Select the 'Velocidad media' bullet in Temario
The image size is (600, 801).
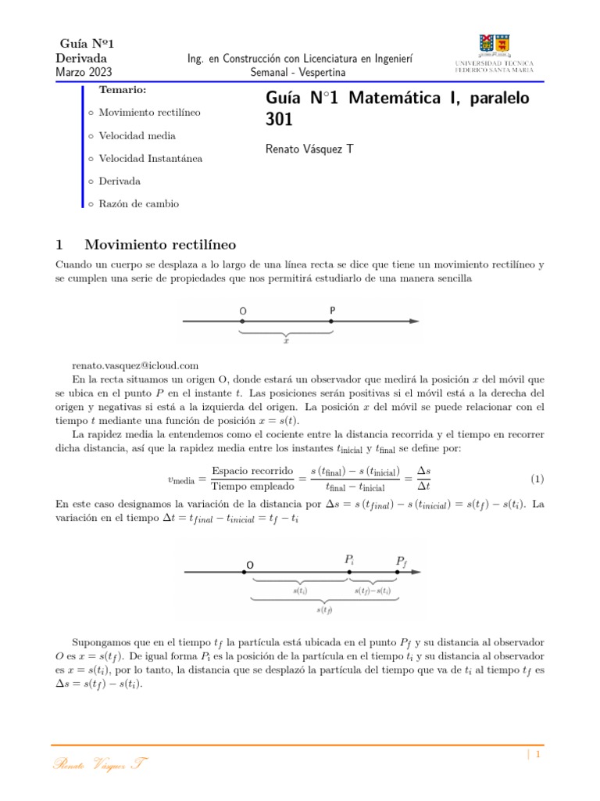[x=137, y=135]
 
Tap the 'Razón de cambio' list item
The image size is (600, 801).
[x=138, y=203]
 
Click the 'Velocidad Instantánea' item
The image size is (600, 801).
[x=150, y=158]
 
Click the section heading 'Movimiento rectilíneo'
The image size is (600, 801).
[x=159, y=245]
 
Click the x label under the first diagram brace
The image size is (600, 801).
[x=287, y=341]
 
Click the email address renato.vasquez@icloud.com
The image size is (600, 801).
[x=135, y=365]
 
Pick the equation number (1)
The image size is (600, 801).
[x=537, y=478]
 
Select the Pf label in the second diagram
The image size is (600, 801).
[x=401, y=561]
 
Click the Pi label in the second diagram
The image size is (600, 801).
[x=349, y=560]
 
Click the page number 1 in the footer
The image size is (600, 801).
[x=538, y=755]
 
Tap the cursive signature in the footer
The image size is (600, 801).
[x=101, y=763]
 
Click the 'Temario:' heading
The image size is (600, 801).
[x=123, y=91]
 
